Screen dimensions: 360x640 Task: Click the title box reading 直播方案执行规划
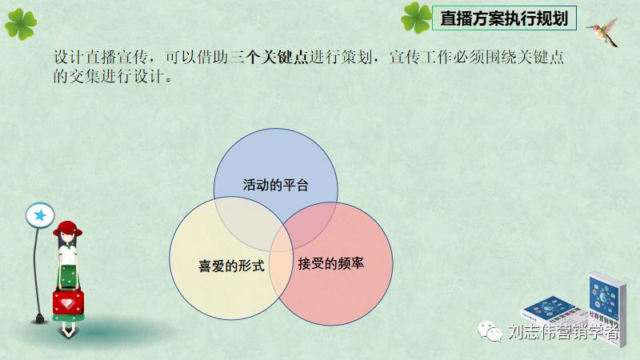pos(504,18)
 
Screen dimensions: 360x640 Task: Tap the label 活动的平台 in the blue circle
pos(275,185)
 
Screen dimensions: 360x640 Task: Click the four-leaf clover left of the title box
pos(416,17)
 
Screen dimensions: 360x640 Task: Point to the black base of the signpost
pos(35,320)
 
